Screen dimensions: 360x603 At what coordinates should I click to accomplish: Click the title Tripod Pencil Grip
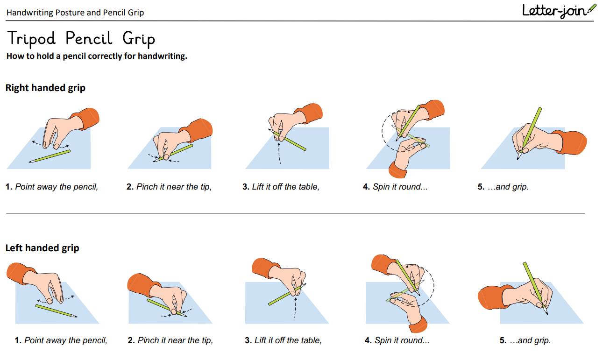tap(81, 38)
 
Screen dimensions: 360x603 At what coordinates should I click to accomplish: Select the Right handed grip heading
tap(45, 88)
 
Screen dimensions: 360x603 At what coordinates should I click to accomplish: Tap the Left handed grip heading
tap(42, 248)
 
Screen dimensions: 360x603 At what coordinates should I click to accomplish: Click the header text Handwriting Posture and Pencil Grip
tap(75, 13)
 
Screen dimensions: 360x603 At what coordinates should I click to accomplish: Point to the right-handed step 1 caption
tap(52, 187)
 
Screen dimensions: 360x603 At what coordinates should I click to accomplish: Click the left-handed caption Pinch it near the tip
tap(170, 340)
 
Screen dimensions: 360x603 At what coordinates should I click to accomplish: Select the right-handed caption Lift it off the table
tap(281, 187)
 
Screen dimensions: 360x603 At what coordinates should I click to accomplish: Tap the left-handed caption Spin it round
tap(397, 340)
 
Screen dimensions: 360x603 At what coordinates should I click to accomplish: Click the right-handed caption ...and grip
tap(503, 187)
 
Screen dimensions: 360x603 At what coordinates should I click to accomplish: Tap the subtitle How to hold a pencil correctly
tap(97, 56)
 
